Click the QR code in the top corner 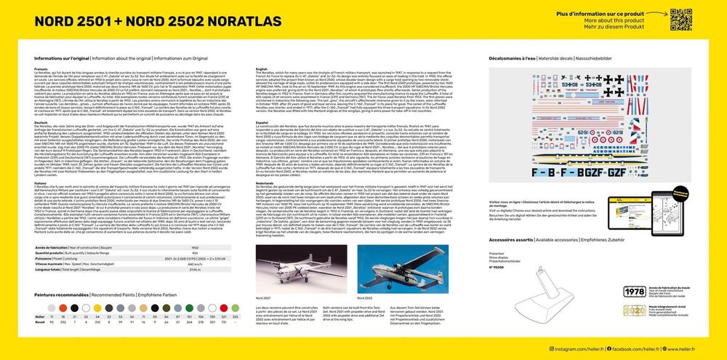[680, 19]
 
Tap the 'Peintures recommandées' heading [61, 295]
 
